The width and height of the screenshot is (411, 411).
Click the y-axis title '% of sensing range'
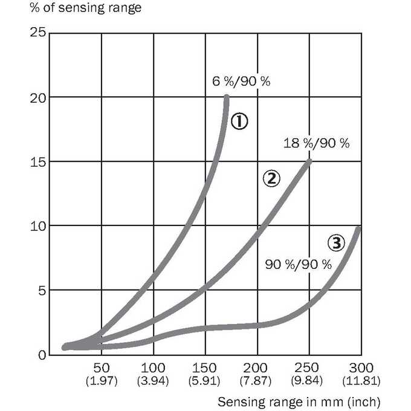(x=86, y=8)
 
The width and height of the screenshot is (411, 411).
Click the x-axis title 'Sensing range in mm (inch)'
(x=299, y=402)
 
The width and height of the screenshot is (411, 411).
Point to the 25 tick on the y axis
(x=37, y=33)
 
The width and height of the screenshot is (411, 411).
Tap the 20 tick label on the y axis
(x=37, y=99)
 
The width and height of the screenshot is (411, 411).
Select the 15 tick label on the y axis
(x=37, y=163)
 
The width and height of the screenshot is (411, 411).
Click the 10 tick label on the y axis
(x=37, y=227)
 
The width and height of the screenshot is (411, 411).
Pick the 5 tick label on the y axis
(x=42, y=291)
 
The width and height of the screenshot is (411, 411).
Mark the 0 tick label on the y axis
(x=42, y=355)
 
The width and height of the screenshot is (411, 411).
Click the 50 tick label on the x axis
(x=102, y=368)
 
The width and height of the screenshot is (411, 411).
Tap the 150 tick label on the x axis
(x=204, y=368)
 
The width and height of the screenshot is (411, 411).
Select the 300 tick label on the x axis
(x=361, y=368)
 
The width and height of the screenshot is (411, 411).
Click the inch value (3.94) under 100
(x=153, y=381)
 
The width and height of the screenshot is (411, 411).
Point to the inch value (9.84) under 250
(x=306, y=381)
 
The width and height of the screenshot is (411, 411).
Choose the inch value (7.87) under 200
(x=256, y=381)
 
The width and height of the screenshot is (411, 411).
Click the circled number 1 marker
(x=239, y=121)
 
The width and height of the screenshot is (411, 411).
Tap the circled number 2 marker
(x=271, y=178)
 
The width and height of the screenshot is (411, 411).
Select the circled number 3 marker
(x=336, y=243)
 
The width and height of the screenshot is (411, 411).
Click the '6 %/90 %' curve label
(x=241, y=81)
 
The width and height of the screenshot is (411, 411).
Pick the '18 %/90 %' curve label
(x=317, y=143)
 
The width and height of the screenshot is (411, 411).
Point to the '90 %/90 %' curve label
(x=299, y=265)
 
